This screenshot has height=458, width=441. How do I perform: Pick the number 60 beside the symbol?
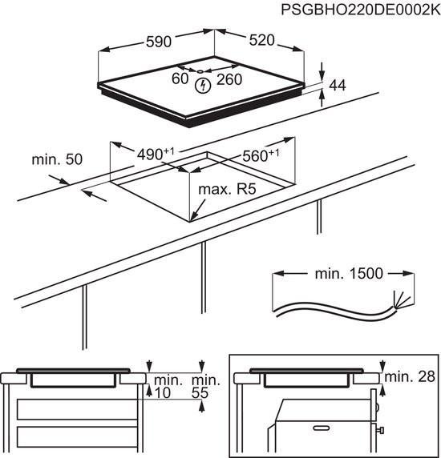[x=180, y=78]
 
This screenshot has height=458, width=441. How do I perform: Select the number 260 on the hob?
[x=229, y=79]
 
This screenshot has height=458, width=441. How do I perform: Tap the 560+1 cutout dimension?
[x=259, y=156]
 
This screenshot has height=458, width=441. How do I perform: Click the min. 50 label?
[x=57, y=160]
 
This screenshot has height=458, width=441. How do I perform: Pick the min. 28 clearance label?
[x=410, y=376]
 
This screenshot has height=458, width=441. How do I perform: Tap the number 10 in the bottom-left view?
[x=164, y=392]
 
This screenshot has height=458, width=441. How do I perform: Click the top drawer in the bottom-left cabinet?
[x=73, y=411]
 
